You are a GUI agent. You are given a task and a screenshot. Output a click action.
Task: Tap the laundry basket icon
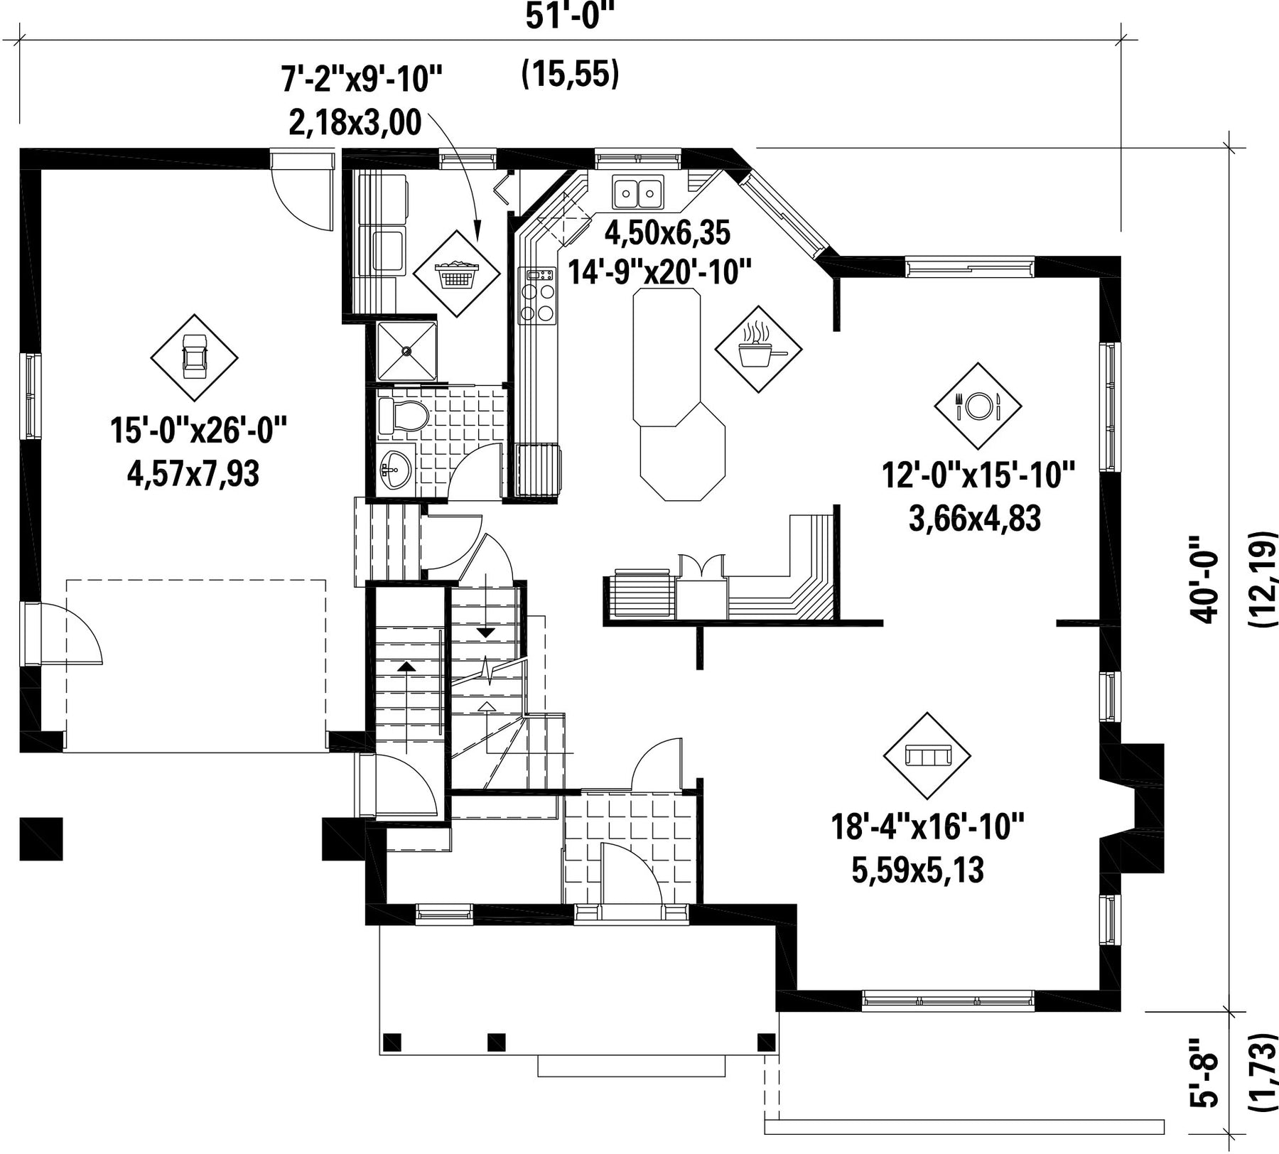click(x=457, y=274)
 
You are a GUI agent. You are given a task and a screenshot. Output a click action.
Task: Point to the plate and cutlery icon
click(x=978, y=406)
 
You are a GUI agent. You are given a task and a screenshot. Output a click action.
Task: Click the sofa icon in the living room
click(x=927, y=755)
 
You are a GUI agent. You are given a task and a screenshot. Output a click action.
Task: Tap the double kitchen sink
click(x=638, y=191)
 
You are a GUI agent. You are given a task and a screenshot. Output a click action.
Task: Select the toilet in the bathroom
click(x=402, y=416)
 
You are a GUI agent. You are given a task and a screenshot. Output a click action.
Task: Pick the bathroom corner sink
click(x=394, y=470)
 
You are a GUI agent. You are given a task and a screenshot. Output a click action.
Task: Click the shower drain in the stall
click(x=406, y=350)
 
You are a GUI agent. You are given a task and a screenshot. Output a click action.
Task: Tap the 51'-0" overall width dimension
click(x=568, y=16)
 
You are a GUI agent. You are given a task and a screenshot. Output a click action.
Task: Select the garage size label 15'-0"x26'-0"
click(x=199, y=431)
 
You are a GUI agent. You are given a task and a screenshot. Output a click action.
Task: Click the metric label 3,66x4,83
click(x=975, y=519)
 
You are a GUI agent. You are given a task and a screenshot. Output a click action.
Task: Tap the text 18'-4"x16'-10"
click(x=928, y=827)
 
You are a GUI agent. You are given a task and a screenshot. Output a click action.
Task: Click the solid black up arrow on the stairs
click(x=406, y=666)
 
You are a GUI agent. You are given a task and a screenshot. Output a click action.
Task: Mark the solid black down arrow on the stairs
click(x=486, y=632)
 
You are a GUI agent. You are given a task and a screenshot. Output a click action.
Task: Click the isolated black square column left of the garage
click(x=41, y=838)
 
